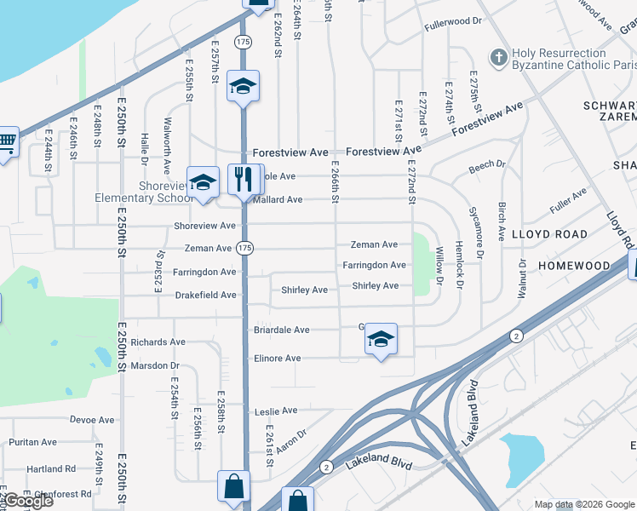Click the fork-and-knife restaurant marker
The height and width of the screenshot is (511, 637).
245,179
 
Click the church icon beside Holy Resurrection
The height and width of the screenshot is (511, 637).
499,59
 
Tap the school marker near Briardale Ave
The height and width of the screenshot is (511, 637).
381,341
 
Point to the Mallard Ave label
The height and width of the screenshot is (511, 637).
278,200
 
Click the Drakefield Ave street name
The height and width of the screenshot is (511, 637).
206,296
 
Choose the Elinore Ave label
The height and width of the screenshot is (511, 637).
278,359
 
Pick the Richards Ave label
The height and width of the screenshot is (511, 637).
158,342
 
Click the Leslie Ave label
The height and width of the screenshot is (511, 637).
276,412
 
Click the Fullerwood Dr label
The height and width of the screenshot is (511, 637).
453,20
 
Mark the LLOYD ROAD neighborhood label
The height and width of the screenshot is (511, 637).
550,234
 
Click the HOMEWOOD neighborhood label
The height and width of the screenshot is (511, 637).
575,266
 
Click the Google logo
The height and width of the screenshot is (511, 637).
27,501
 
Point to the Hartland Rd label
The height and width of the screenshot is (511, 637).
51,468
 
